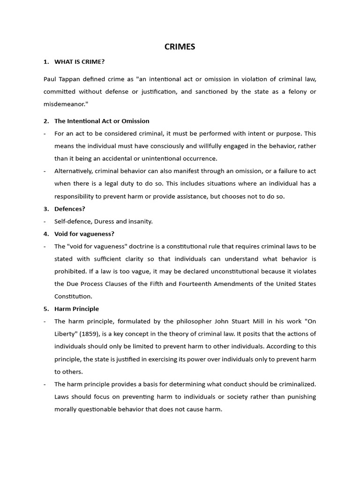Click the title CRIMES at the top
pyautogui.click(x=180, y=46)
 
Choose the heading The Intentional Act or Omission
pyautogui.click(x=102, y=121)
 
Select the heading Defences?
pyautogui.click(x=69, y=209)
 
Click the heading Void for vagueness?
pyautogui.click(x=84, y=233)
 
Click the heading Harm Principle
pyautogui.click(x=76, y=308)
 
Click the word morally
pyautogui.click(x=66, y=409)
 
